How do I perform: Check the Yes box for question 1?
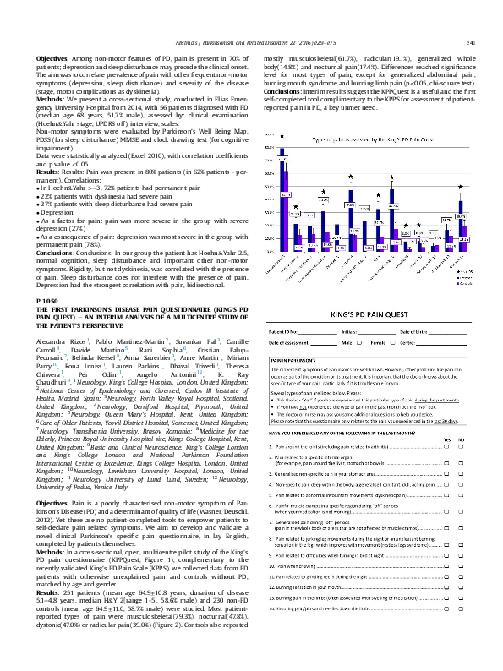point(446,445)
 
